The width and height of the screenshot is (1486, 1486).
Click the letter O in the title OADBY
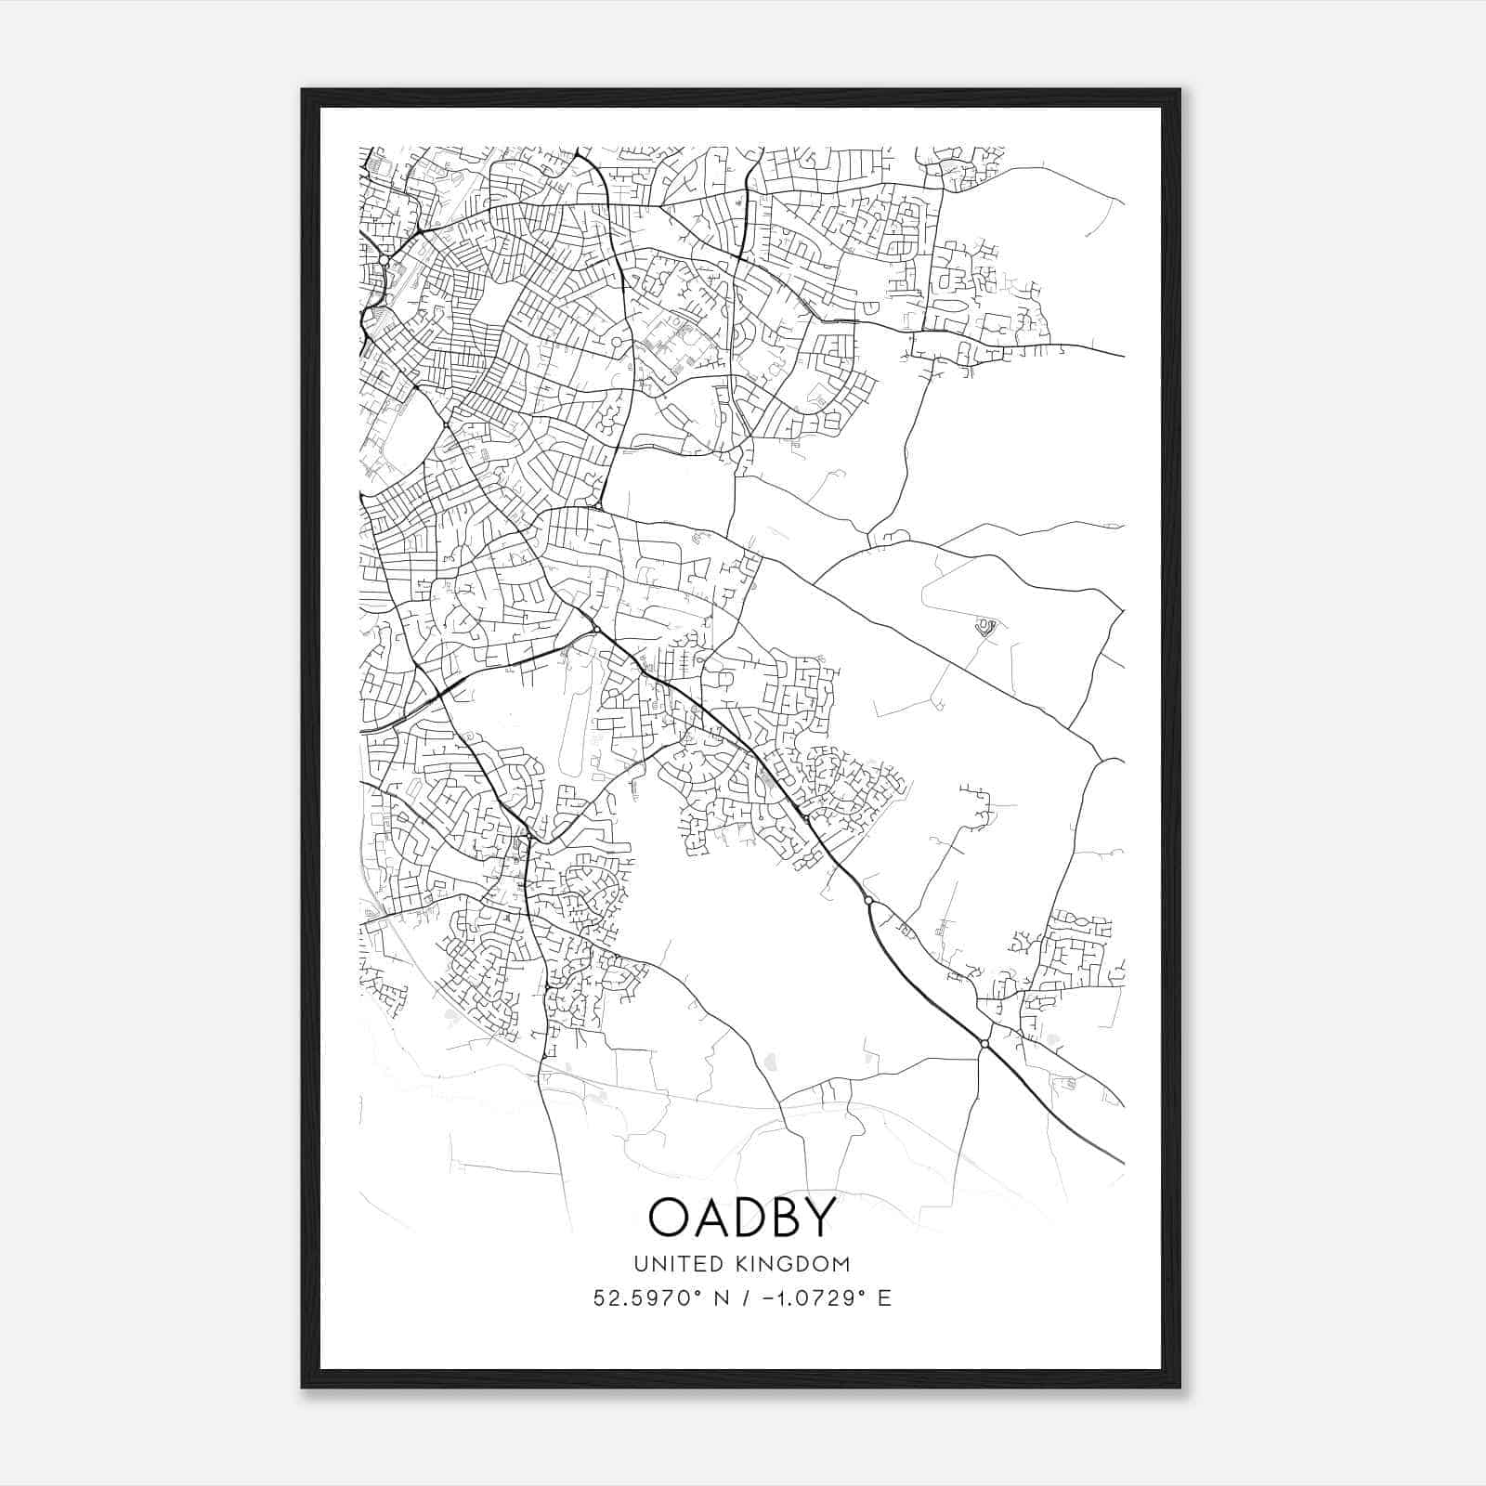click(670, 1218)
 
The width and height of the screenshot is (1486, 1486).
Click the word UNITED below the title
click(669, 1264)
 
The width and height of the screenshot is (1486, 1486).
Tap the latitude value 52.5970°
click(642, 1298)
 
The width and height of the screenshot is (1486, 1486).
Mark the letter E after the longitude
click(884, 1298)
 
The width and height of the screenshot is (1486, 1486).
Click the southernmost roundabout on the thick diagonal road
click(984, 1044)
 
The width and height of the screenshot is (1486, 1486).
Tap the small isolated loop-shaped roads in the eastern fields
click(985, 628)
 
